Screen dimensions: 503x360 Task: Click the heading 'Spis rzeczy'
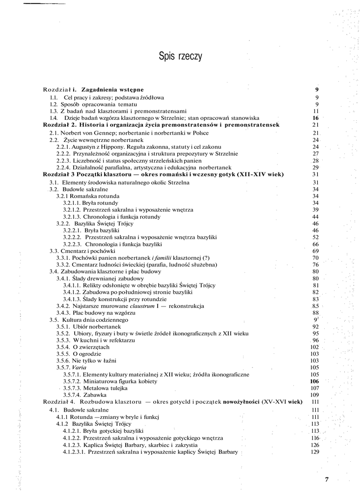[180, 56]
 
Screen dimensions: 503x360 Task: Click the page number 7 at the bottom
[326, 480]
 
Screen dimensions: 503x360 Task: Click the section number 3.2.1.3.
[72, 217]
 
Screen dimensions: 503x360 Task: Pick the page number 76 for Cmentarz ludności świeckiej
[316, 265]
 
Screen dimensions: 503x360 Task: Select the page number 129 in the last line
[315, 452]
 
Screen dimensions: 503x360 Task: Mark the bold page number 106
[315, 381]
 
